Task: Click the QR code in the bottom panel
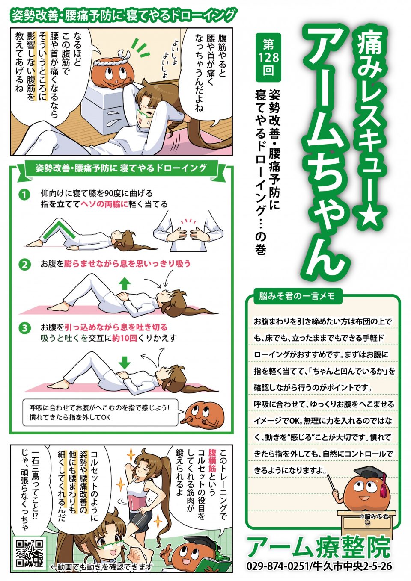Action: (x=29, y=553)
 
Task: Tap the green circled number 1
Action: (x=24, y=195)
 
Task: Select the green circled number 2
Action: (x=24, y=264)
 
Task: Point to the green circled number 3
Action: (x=24, y=328)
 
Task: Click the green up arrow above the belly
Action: (x=125, y=283)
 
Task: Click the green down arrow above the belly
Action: (x=125, y=362)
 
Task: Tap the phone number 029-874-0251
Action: (x=277, y=566)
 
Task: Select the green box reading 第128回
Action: (x=268, y=58)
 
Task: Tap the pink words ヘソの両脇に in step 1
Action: (x=104, y=204)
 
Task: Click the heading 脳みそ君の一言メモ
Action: (x=296, y=296)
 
